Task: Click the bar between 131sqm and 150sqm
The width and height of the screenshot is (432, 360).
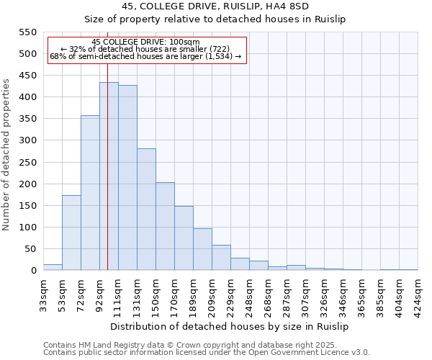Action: [x=146, y=210]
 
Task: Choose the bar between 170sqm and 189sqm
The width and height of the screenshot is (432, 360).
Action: [x=184, y=238]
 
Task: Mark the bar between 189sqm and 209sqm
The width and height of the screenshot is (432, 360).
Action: [x=202, y=249]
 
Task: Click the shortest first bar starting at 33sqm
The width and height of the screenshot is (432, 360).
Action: [x=53, y=267]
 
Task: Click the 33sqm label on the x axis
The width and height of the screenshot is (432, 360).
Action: [x=43, y=294]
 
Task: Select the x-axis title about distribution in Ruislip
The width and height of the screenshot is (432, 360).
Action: [x=230, y=326]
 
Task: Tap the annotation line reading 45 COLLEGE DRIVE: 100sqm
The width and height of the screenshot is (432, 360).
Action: [x=146, y=42]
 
